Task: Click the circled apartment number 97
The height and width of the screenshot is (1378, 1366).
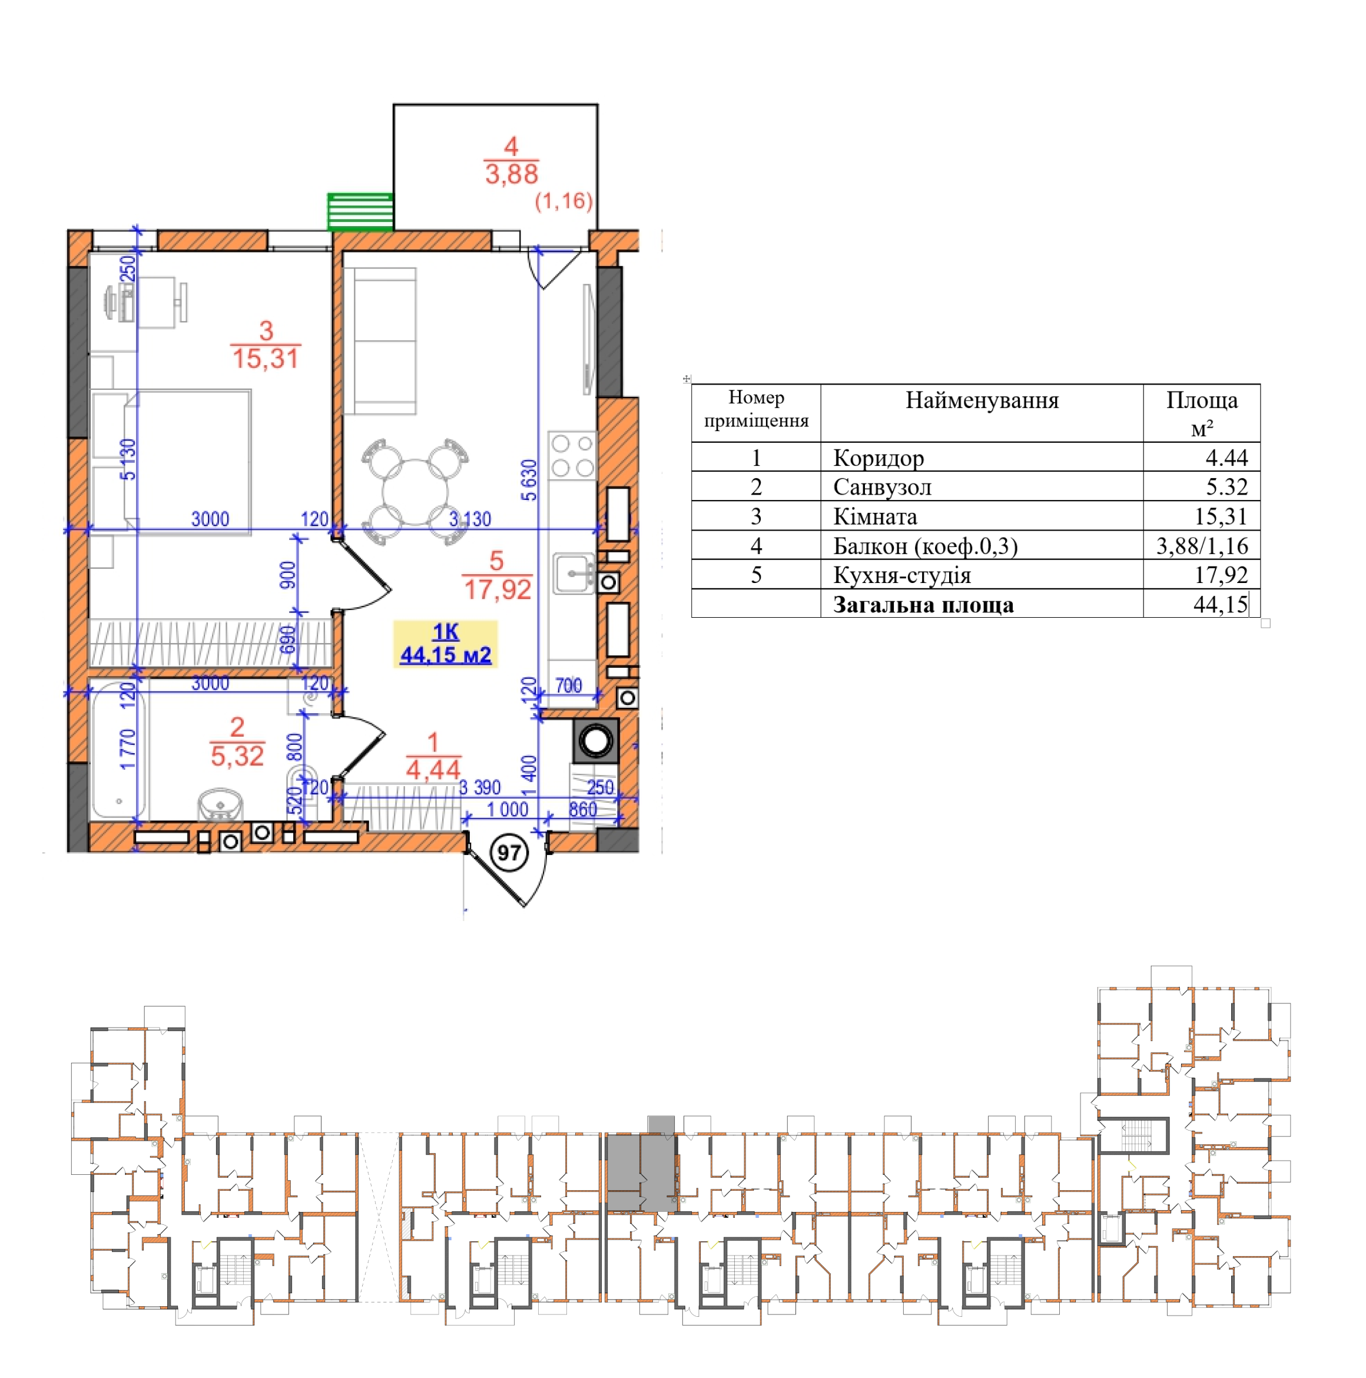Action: tap(509, 853)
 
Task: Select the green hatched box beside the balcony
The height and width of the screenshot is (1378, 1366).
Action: tap(360, 212)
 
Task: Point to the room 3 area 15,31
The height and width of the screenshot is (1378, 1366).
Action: tap(266, 358)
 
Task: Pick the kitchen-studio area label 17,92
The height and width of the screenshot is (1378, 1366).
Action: tap(497, 589)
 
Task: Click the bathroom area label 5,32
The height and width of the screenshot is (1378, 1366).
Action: tap(237, 756)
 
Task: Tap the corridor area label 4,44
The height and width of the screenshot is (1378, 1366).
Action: tap(433, 770)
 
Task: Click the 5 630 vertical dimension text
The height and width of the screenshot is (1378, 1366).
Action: tap(529, 480)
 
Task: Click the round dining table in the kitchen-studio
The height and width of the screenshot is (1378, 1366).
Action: tap(415, 493)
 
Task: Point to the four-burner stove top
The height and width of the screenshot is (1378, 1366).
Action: tap(572, 455)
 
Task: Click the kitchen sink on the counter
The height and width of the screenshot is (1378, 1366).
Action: tap(574, 573)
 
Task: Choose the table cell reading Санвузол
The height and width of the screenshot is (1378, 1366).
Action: tap(881, 487)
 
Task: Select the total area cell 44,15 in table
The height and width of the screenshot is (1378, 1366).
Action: tap(1221, 605)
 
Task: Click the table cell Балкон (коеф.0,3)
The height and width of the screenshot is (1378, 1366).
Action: tap(925, 546)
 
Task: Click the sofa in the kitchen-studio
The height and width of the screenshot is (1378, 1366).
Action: tap(380, 341)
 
